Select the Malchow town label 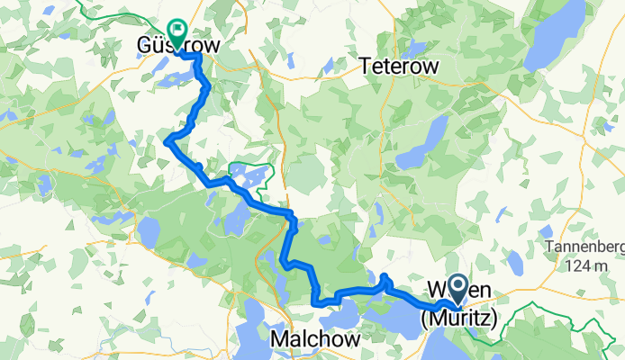click(315, 339)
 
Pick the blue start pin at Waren click(457, 291)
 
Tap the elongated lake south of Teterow click(422, 145)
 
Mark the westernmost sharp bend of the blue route click(168, 139)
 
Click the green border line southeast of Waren click(540, 311)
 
